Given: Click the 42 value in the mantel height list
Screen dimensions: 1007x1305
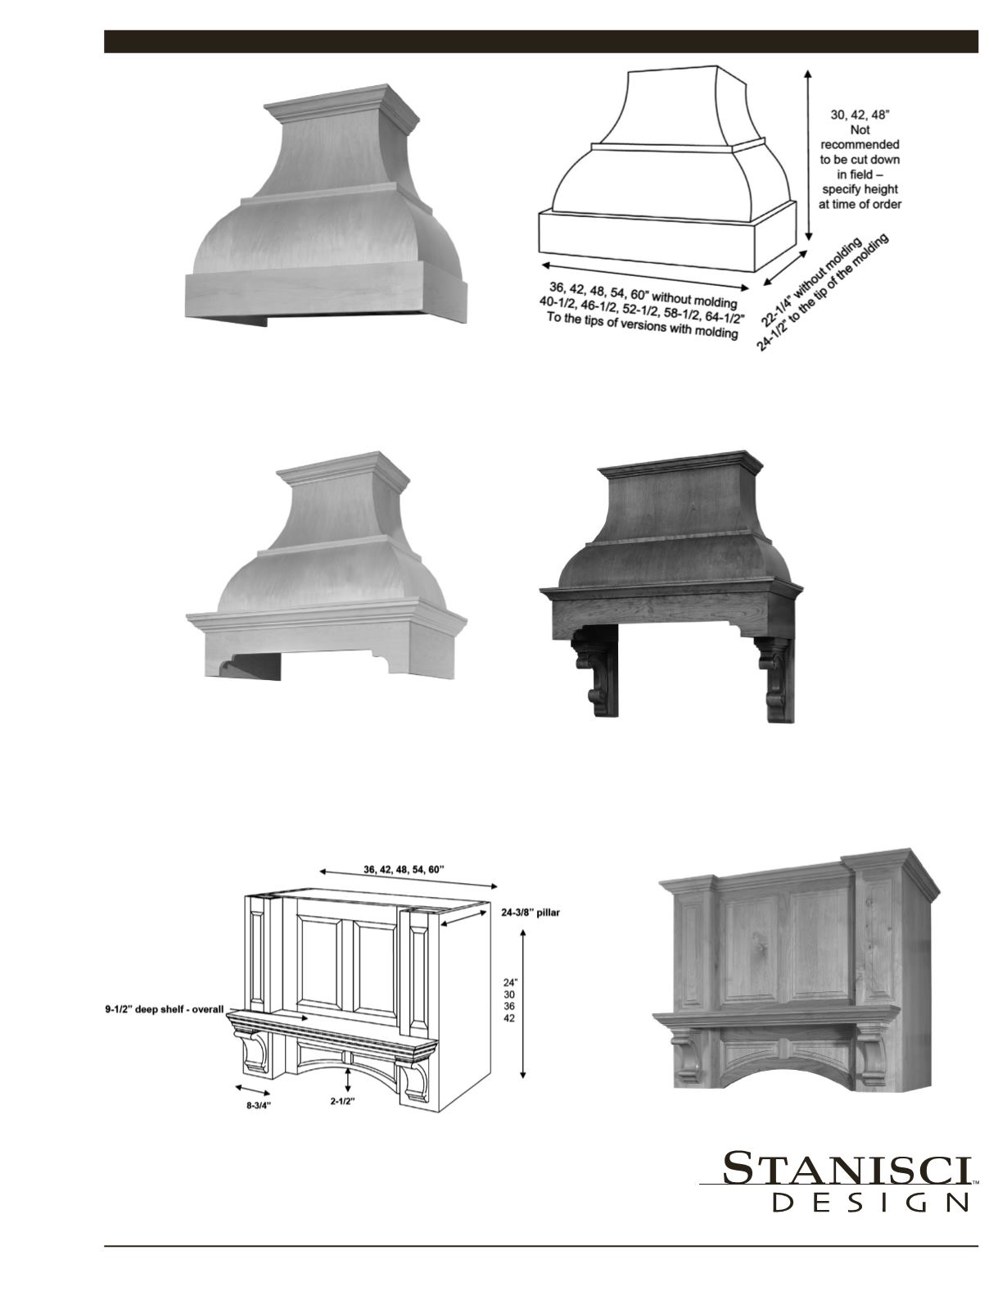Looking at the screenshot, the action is (509, 1018).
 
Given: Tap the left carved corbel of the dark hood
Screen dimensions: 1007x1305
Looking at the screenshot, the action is (594, 674).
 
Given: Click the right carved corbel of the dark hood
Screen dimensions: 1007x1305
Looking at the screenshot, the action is (774, 679).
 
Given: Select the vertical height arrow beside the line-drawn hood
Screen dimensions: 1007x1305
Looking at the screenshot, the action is (808, 155).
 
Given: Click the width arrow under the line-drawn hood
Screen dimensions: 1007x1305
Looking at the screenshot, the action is (645, 275).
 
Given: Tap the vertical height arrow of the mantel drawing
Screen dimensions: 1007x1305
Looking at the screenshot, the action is (522, 1008).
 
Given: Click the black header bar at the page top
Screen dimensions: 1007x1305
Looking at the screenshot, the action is (541, 42).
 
